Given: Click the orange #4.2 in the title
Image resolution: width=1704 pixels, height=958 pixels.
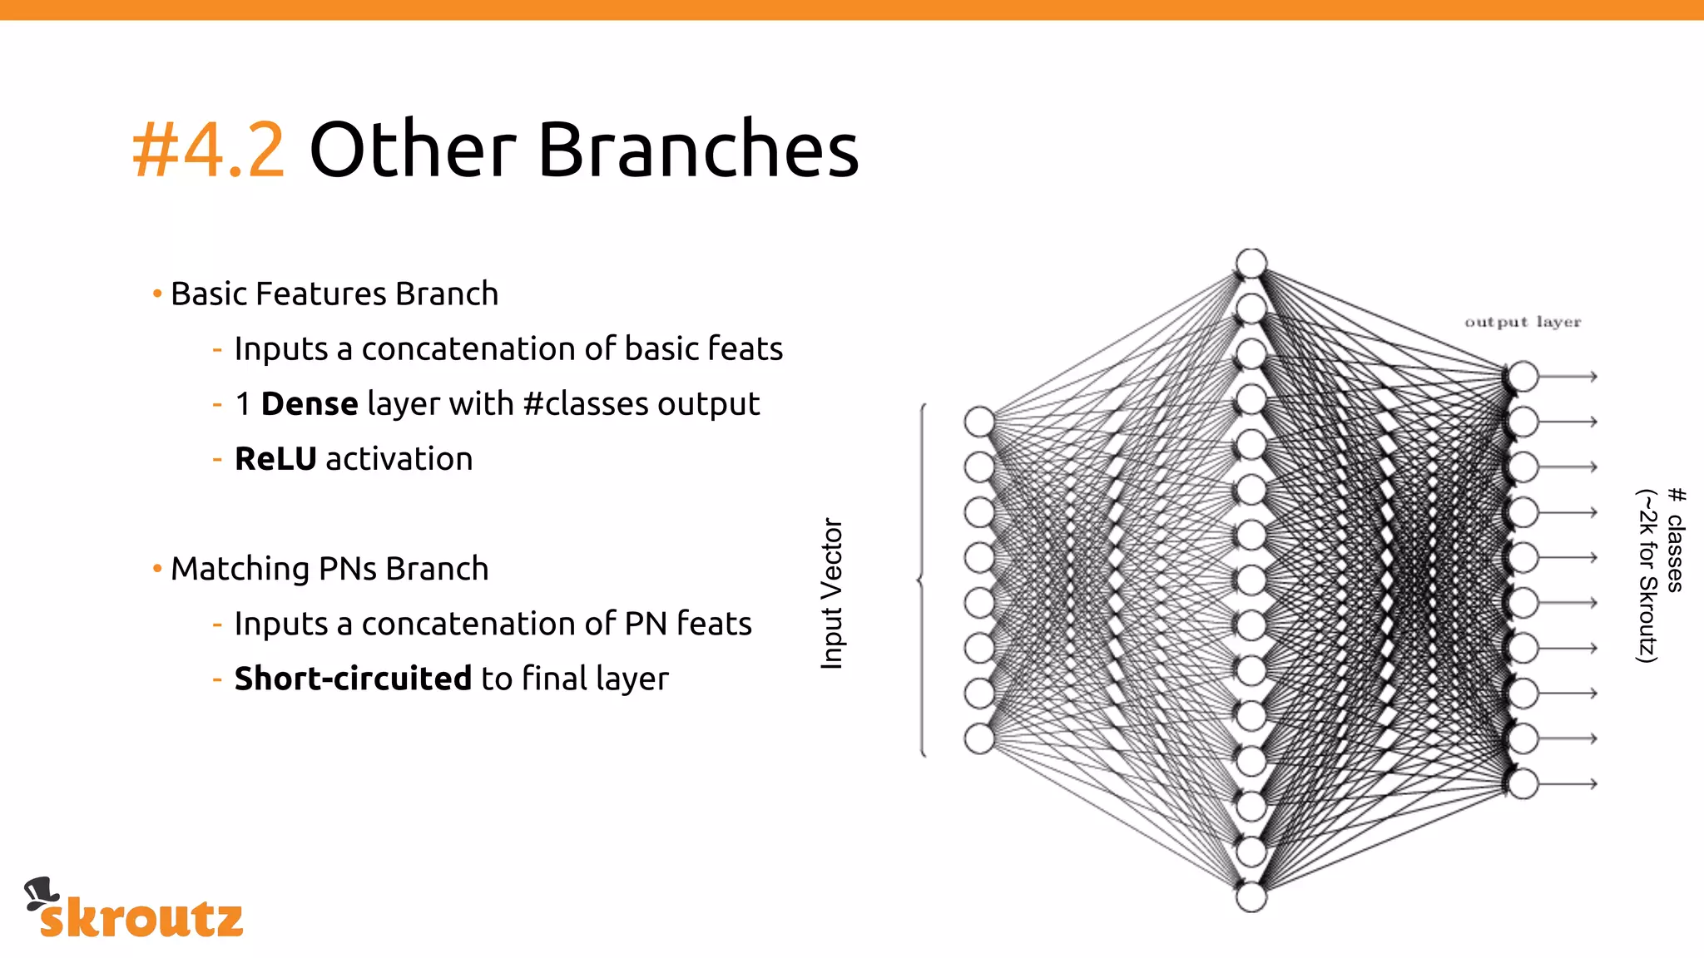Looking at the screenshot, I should click(208, 150).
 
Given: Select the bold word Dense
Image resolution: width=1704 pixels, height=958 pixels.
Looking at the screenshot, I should click(310, 404).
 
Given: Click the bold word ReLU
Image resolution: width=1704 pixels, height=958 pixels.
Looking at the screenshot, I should click(275, 459).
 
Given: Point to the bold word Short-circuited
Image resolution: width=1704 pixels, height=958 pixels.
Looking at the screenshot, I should click(353, 679).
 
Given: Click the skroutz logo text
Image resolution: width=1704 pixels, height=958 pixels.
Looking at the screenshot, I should click(141, 918).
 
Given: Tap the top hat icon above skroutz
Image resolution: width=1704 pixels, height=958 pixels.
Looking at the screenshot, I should click(40, 893).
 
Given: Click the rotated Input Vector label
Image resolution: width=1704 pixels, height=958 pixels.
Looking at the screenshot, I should click(832, 593).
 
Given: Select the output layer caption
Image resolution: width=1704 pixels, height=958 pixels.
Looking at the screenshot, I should click(1523, 322).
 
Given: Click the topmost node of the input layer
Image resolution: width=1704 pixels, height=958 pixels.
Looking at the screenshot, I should click(979, 422).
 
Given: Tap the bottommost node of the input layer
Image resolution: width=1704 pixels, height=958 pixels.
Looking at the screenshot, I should click(979, 738).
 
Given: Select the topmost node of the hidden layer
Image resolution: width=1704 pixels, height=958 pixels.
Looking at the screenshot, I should click(1251, 264).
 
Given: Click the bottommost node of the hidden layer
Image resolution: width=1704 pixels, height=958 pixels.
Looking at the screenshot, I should click(1251, 897).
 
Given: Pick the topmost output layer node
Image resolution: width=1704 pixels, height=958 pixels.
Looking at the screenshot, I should click(1523, 377).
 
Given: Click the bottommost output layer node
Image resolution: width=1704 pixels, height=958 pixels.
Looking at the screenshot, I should click(1523, 783).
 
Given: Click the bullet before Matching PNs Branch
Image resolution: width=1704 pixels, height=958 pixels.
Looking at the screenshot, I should click(157, 569).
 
